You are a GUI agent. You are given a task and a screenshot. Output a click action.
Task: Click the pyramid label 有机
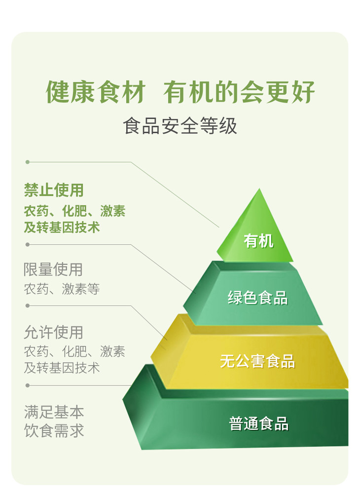click(x=258, y=241)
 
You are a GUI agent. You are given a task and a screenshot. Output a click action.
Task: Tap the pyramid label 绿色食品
click(x=257, y=298)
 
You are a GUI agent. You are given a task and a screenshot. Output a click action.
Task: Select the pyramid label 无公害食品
click(x=257, y=361)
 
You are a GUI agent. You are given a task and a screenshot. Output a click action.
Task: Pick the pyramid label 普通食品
click(x=258, y=423)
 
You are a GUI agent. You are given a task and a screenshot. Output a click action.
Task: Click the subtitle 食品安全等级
click(x=180, y=126)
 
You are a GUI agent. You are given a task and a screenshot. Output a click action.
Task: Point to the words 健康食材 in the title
click(x=96, y=92)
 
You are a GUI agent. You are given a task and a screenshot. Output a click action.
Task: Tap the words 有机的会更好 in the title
click(x=240, y=92)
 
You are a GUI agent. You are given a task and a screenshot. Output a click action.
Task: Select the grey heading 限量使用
click(x=53, y=269)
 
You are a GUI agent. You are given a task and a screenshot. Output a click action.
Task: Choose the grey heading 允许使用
click(x=53, y=332)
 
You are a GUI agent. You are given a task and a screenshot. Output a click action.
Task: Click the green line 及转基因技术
click(x=62, y=227)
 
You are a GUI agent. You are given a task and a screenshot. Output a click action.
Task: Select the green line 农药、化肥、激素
click(x=74, y=211)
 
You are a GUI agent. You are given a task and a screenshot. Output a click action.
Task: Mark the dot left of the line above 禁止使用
click(x=28, y=162)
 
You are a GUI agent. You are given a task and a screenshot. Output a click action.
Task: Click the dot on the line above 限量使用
click(x=28, y=244)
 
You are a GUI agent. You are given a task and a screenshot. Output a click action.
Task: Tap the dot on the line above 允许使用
click(x=28, y=305)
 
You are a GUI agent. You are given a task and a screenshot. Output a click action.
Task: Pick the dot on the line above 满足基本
click(x=28, y=385)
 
